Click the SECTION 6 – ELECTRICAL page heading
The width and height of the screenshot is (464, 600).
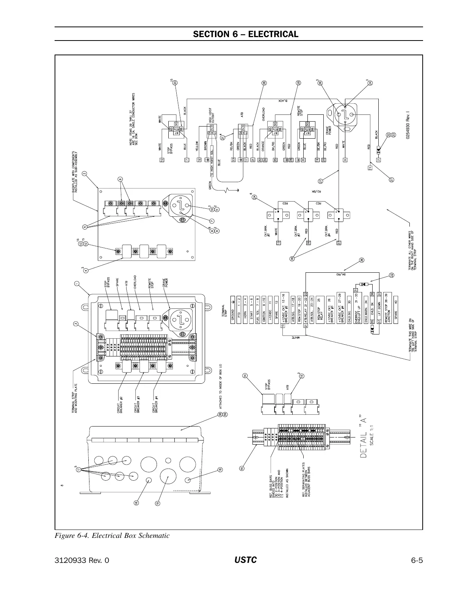(x=246, y=34)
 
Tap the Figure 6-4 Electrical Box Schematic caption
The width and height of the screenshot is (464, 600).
(x=112, y=536)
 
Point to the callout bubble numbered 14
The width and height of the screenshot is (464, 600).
(x=245, y=376)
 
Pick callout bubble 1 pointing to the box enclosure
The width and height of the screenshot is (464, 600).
(x=77, y=283)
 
